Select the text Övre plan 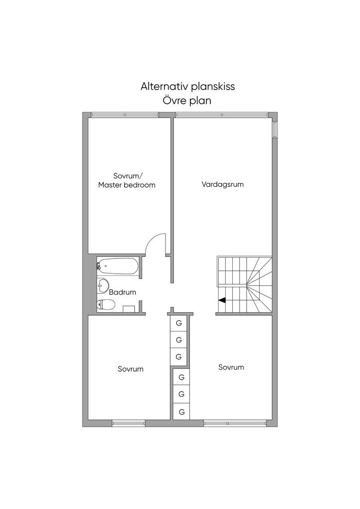point(186,100)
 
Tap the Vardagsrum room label point(223,184)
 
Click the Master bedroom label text point(127,185)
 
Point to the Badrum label point(122,292)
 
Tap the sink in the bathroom point(103,285)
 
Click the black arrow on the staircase point(222,300)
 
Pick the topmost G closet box point(179,323)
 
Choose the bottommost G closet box point(181,412)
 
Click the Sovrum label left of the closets point(130,369)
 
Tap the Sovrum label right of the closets point(231,367)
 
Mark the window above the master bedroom point(124,115)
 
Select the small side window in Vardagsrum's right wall point(274,129)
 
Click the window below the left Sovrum point(128,424)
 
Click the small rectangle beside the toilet point(129,309)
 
